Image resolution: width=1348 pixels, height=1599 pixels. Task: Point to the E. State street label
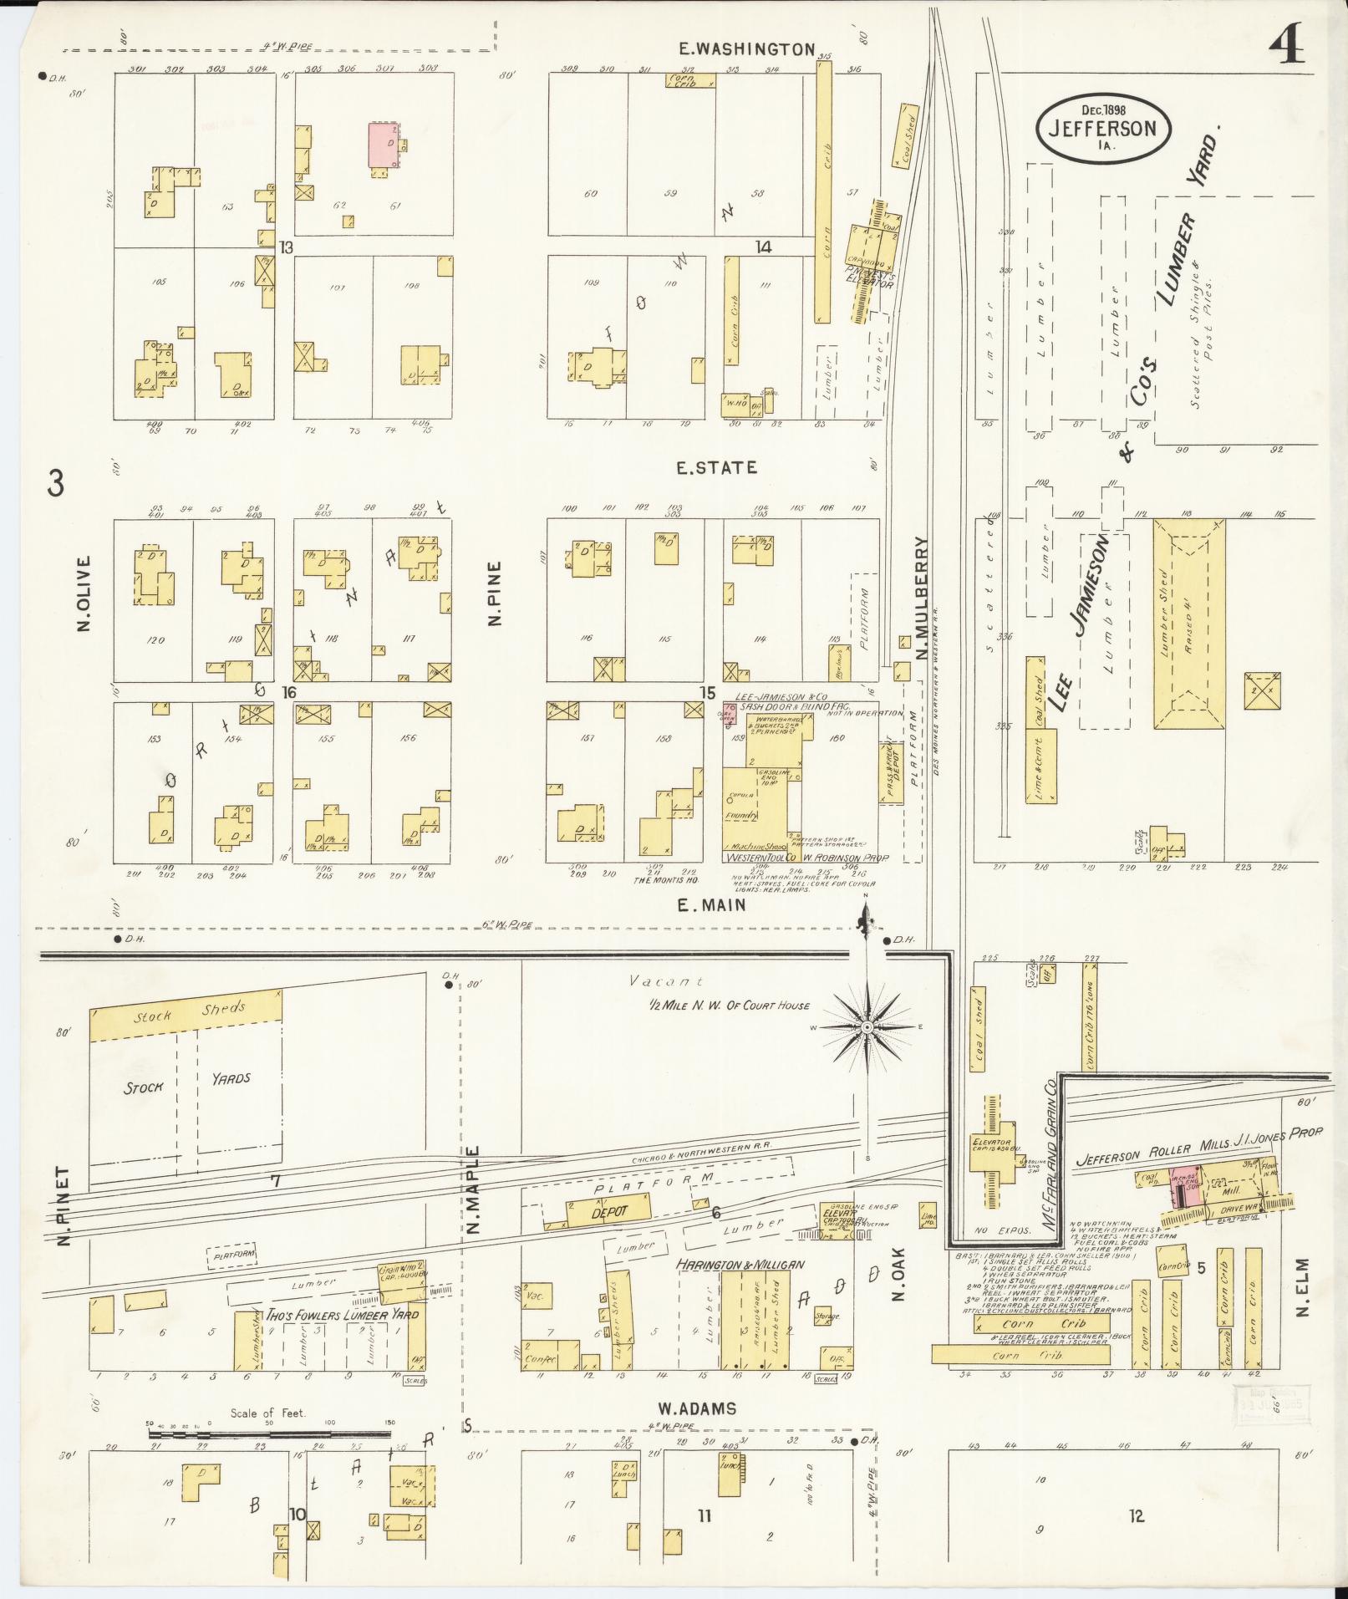pyautogui.click(x=717, y=468)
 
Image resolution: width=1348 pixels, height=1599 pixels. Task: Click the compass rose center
pyautogui.click(x=867, y=1026)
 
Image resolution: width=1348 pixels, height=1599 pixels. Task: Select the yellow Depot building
pyautogui.click(x=608, y=1213)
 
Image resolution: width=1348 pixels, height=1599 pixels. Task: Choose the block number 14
pyautogui.click(x=762, y=247)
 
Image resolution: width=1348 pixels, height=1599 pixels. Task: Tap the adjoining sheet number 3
pyautogui.click(x=55, y=484)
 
